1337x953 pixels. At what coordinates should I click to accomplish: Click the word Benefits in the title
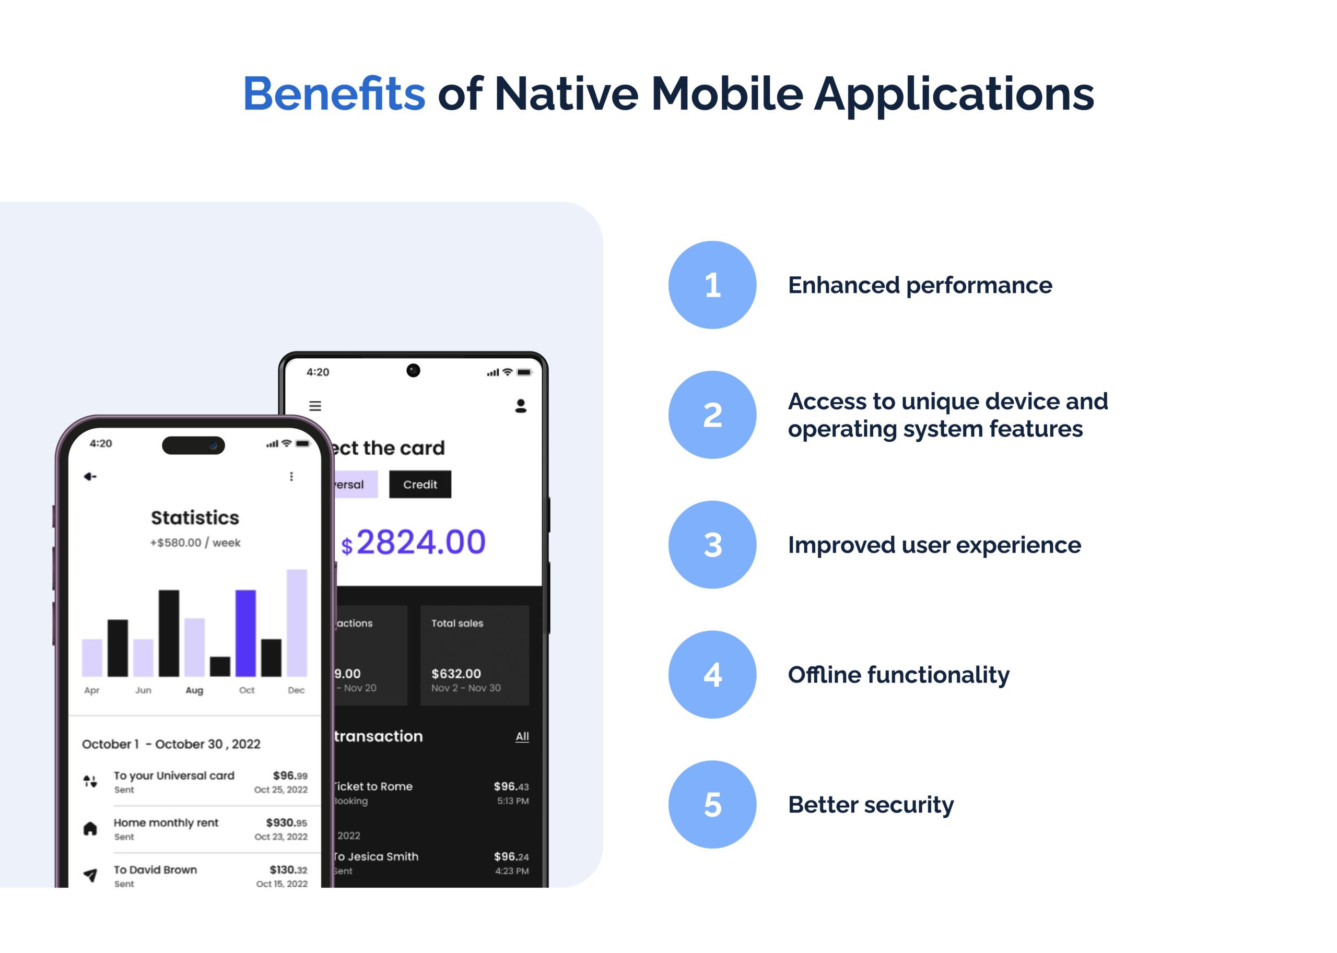(x=334, y=94)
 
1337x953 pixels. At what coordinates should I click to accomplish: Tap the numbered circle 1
(x=712, y=285)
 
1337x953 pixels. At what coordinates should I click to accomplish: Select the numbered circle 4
(x=712, y=674)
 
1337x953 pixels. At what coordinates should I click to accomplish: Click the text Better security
(x=871, y=805)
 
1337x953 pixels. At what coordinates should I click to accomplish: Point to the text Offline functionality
(x=898, y=675)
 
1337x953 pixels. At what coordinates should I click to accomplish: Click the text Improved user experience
(x=934, y=545)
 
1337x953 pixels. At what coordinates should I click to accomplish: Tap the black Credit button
(x=420, y=485)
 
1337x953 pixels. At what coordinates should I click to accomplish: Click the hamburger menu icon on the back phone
(x=315, y=406)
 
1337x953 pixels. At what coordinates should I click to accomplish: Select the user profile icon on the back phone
(x=520, y=406)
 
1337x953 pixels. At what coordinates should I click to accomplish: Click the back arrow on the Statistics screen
(x=90, y=476)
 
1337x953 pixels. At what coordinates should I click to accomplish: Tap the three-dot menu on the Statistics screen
(x=291, y=476)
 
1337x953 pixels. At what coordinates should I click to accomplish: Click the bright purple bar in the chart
(x=245, y=633)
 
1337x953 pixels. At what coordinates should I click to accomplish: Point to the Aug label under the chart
(x=194, y=691)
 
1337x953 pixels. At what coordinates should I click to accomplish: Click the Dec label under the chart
(x=297, y=691)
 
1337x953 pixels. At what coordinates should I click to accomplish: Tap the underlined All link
(x=522, y=736)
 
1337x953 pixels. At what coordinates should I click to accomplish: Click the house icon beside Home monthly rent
(x=90, y=829)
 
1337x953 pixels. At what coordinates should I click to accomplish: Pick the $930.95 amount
(x=286, y=823)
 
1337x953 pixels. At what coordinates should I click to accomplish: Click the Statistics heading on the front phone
(x=195, y=517)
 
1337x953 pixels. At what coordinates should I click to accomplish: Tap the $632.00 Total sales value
(x=456, y=674)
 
